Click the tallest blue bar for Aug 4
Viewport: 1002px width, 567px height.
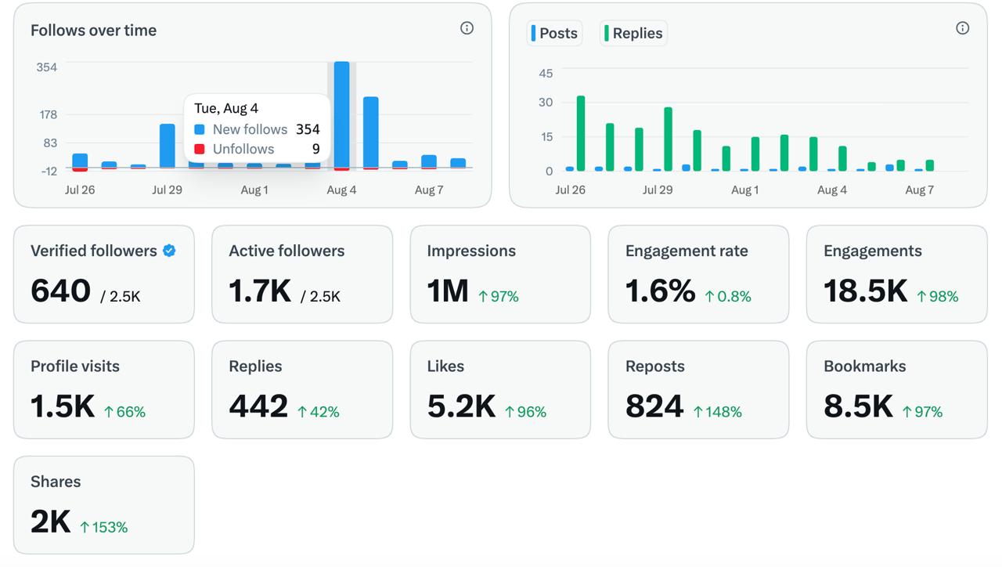342,114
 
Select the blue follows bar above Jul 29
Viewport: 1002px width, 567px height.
168,146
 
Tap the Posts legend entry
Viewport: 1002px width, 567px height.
554,33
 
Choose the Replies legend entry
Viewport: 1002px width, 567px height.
633,33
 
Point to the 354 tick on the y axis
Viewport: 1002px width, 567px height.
46,67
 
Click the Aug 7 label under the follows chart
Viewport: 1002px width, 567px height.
428,190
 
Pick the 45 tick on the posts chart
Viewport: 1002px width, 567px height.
546,74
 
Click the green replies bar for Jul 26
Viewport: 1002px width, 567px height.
581,133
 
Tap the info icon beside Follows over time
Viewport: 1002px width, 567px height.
467,28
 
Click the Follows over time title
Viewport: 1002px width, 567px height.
93,31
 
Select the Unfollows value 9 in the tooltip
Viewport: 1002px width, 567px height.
315,149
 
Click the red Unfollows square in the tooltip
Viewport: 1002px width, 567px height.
200,149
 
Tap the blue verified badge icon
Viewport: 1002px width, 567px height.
169,251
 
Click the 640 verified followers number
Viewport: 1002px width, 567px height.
60,291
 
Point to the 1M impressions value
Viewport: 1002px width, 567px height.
448,291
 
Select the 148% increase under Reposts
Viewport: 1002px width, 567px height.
718,412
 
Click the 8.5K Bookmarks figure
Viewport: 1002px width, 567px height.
858,406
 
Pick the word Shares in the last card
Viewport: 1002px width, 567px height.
56,482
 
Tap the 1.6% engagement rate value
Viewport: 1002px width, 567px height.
660,291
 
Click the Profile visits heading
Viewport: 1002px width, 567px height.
75,366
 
